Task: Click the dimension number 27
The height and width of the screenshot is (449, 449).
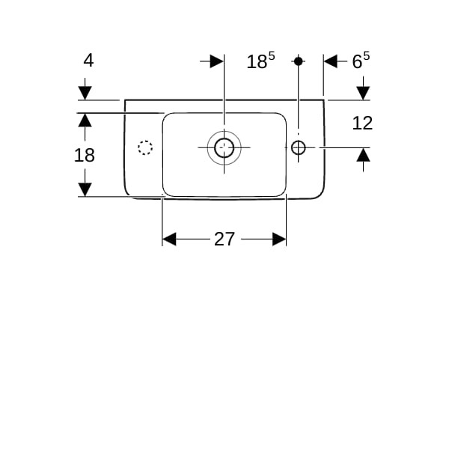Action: [224, 239]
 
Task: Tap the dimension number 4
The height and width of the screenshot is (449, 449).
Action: [88, 61]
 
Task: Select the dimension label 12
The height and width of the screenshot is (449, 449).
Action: [362, 123]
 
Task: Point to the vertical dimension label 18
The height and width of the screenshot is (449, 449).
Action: [84, 155]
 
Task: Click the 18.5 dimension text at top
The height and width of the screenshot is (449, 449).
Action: [260, 60]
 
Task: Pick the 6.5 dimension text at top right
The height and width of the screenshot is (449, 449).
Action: [361, 60]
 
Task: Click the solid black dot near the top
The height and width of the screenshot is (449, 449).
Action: [299, 61]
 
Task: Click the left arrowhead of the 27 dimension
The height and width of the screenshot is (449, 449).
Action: [169, 239]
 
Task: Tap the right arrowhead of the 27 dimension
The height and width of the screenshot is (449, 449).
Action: [279, 239]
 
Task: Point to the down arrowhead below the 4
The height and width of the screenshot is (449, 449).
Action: [85, 93]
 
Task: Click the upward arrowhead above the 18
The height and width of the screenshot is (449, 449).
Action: [85, 120]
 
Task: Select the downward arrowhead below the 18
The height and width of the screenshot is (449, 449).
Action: [85, 190]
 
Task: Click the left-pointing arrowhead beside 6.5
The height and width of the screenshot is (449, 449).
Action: [331, 61]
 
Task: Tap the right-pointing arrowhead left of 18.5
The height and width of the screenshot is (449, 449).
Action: [217, 61]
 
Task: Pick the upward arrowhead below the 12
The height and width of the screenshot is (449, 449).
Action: [364, 155]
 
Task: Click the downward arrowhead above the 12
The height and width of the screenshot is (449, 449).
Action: [364, 93]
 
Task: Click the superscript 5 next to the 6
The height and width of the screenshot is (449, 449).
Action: [366, 55]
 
